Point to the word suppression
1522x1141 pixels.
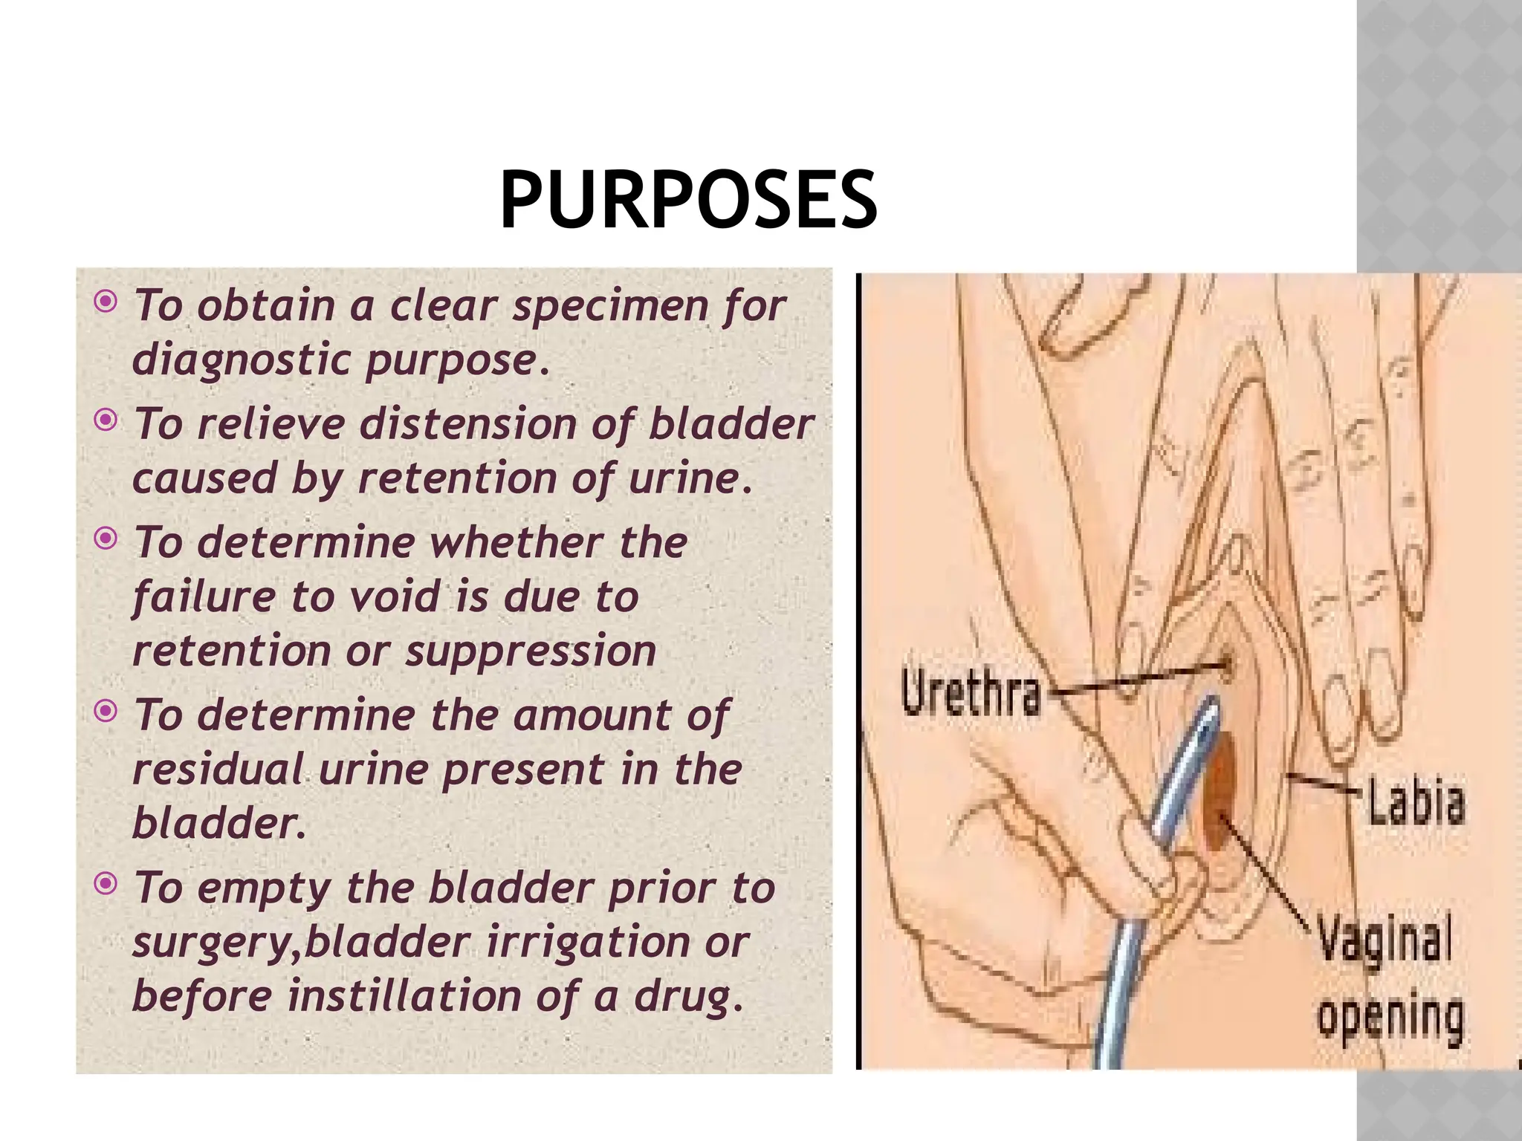[x=531, y=651]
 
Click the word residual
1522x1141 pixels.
[x=218, y=769]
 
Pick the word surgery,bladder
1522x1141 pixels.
[x=301, y=942]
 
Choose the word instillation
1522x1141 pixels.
[x=404, y=995]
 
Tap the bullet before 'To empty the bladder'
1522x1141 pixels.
[x=106, y=884]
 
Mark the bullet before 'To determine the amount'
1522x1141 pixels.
[x=106, y=712]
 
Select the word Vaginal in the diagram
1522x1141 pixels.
[x=1385, y=939]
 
